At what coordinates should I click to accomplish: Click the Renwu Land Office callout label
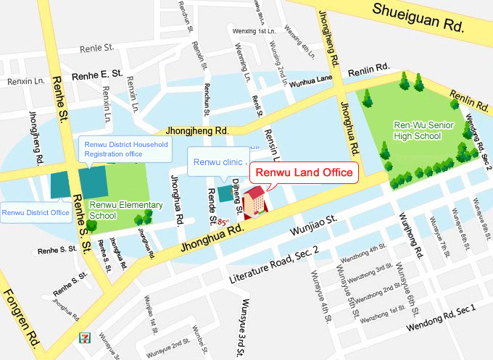[x=304, y=173]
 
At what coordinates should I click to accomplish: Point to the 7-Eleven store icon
[x=86, y=338]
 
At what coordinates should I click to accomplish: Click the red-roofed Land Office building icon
[x=254, y=202]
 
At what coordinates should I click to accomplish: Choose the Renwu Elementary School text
[x=125, y=210]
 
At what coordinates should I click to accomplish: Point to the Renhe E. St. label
[x=97, y=75]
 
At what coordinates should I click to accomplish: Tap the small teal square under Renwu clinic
[x=226, y=193]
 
